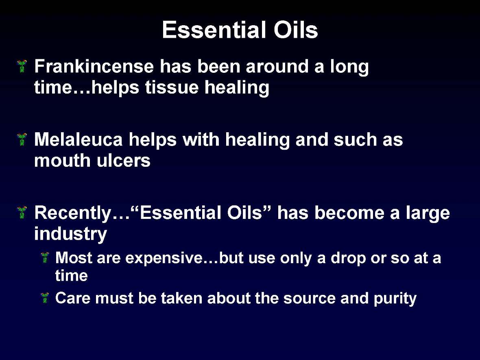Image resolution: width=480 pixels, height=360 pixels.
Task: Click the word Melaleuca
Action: tap(78, 140)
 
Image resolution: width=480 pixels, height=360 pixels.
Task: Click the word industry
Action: tap(70, 235)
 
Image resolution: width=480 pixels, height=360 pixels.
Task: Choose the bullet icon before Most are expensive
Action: tap(45, 257)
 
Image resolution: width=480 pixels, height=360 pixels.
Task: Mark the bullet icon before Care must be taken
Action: tap(45, 298)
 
